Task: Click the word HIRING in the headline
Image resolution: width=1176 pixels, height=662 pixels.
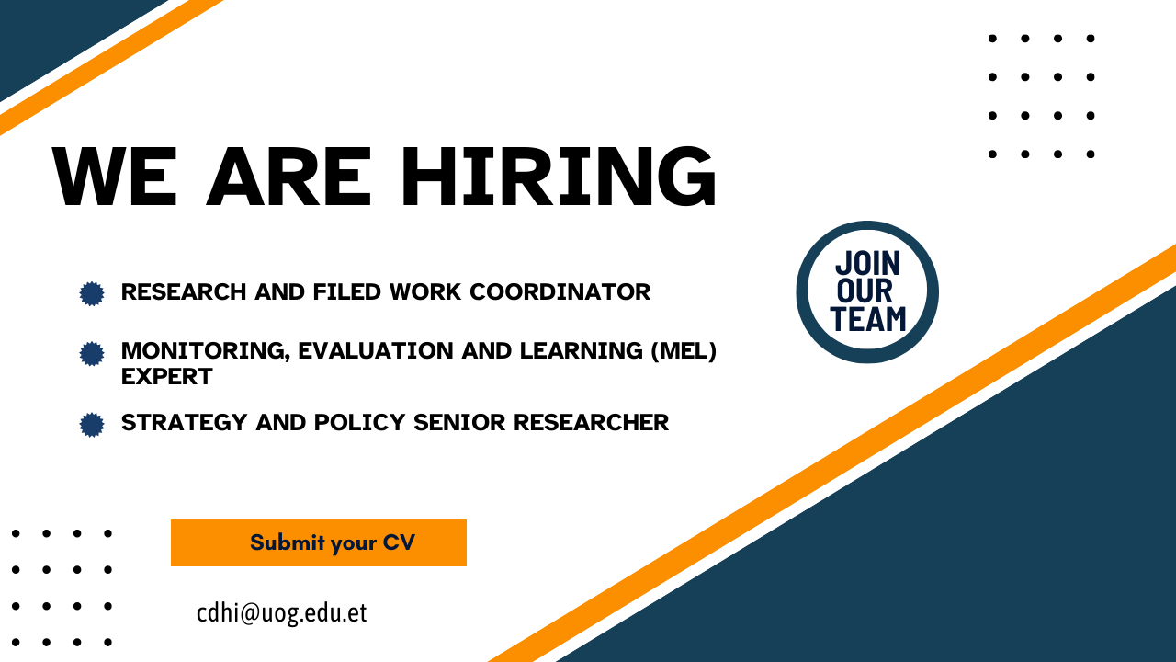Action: [x=559, y=176]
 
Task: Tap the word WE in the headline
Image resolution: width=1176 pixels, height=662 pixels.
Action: [x=114, y=176]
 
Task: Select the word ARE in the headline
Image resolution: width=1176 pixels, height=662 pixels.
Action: [x=288, y=176]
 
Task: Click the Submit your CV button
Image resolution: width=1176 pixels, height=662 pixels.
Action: [x=319, y=542]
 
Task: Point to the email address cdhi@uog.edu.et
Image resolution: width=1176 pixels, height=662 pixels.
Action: [x=281, y=613]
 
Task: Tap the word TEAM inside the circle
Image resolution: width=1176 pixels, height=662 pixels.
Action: [x=868, y=319]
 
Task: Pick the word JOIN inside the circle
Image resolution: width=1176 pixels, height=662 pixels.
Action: [x=868, y=263]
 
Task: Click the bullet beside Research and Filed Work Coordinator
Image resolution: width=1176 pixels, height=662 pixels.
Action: [x=92, y=293]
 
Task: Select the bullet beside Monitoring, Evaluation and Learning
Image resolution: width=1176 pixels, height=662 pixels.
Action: [x=92, y=354]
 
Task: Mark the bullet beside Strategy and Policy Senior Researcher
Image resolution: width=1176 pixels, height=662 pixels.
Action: [x=92, y=425]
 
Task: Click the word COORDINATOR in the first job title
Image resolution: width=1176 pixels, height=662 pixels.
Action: [x=560, y=292]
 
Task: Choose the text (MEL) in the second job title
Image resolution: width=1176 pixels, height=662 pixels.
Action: [x=684, y=351]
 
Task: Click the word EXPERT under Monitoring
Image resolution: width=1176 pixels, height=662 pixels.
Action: [x=167, y=377]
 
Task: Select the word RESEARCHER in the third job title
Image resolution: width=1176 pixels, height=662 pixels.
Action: [x=591, y=422]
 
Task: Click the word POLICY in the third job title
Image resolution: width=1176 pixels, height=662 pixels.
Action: [x=359, y=422]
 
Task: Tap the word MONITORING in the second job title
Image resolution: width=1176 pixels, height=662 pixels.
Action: [x=205, y=351]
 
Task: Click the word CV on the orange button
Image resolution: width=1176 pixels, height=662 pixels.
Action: [x=399, y=542]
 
